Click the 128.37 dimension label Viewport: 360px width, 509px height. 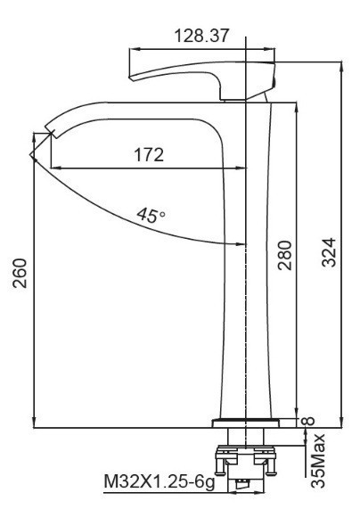pos(201,36)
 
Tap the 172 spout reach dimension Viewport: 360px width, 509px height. pos(149,155)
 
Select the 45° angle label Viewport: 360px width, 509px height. pos(151,215)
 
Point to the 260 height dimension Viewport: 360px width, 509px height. pos(20,273)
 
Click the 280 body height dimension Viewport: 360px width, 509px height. pos(284,255)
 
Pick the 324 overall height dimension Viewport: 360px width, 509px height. pos(329,252)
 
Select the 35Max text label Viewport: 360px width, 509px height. pos(318,460)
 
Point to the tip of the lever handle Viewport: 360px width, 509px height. pos(130,78)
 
